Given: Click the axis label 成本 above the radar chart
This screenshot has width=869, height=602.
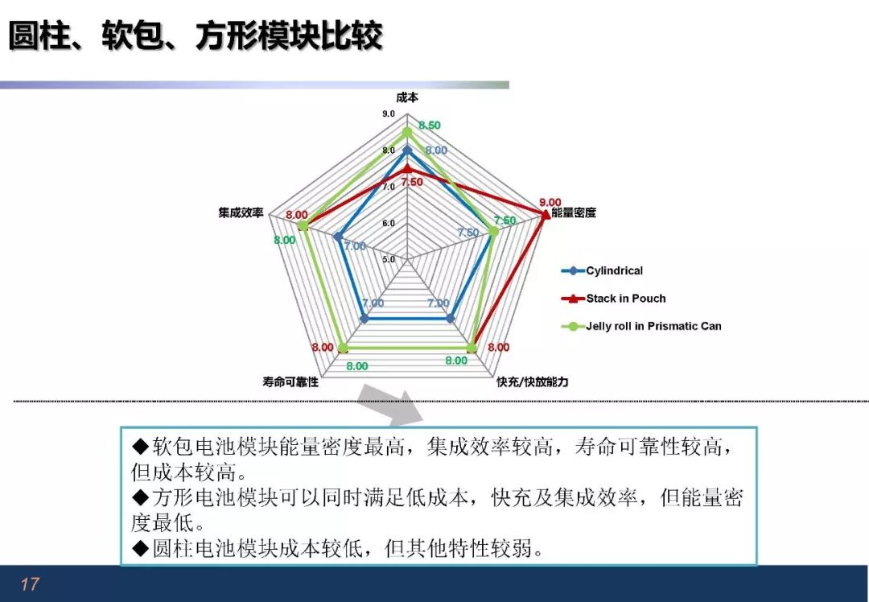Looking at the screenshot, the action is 407,97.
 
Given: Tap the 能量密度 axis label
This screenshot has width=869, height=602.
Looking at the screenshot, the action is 574,212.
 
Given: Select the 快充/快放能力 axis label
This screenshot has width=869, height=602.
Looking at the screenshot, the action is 532,382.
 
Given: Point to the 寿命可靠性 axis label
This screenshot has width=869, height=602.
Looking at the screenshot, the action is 290,382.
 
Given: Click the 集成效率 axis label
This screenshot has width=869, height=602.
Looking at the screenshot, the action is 241,212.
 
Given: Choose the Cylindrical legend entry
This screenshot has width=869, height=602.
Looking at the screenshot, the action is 603,271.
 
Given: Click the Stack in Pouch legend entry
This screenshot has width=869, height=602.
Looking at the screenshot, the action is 613,299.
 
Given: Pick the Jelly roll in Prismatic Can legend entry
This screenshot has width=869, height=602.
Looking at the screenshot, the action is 641,327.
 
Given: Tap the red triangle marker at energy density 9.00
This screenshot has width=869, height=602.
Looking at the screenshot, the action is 546,214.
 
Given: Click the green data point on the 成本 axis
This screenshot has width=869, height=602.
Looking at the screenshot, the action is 407,132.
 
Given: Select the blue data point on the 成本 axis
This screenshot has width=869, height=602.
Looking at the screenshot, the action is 407,150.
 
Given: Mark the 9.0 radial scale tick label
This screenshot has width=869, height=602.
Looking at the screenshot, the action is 389,113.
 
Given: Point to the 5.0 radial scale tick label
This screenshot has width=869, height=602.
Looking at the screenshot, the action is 389,259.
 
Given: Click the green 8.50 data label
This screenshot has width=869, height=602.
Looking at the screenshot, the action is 430,126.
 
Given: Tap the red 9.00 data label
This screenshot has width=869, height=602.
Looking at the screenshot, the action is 550,202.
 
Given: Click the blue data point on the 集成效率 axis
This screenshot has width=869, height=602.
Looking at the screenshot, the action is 338,237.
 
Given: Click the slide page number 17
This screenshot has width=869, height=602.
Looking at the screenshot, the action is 30,583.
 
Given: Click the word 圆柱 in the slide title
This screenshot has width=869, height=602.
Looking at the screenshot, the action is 39,36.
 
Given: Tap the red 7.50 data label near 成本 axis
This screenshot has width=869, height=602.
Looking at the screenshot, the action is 412,182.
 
